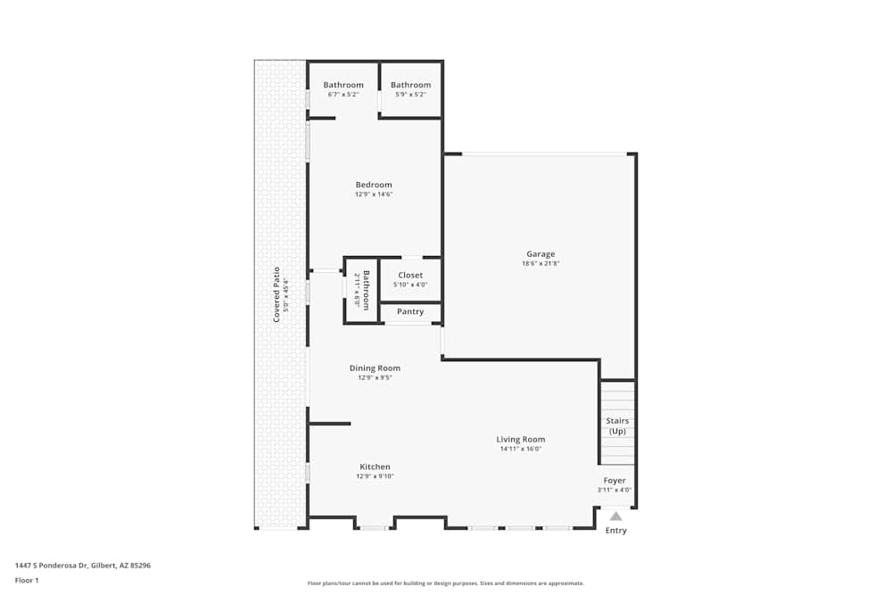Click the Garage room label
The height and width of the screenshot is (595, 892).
pyautogui.click(x=540, y=254)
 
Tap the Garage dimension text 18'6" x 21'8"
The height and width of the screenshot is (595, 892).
pyautogui.click(x=540, y=264)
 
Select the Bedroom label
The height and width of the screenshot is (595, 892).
pyautogui.click(x=374, y=185)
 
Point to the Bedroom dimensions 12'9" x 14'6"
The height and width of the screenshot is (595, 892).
pyautogui.click(x=374, y=194)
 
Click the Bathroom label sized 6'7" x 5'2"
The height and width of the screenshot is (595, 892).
pyautogui.click(x=343, y=85)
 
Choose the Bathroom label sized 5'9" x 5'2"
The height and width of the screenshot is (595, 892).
pyautogui.click(x=410, y=85)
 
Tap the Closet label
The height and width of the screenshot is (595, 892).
pyautogui.click(x=410, y=275)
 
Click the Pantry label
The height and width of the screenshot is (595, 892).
pyautogui.click(x=410, y=312)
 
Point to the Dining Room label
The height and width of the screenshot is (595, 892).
pyautogui.click(x=375, y=368)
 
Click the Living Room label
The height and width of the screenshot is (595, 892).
pyautogui.click(x=521, y=439)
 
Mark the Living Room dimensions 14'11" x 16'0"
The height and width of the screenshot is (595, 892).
pyautogui.click(x=521, y=449)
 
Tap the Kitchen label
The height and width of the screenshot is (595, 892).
pyautogui.click(x=375, y=467)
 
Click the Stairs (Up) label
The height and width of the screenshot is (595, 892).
pyautogui.click(x=617, y=426)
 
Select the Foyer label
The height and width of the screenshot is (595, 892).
pyautogui.click(x=615, y=480)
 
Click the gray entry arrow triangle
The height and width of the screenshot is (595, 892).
pyautogui.click(x=615, y=516)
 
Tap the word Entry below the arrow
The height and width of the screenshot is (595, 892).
pyautogui.click(x=615, y=531)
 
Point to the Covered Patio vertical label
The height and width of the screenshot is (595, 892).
pyautogui.click(x=277, y=294)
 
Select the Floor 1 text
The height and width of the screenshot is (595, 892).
pyautogui.click(x=27, y=580)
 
